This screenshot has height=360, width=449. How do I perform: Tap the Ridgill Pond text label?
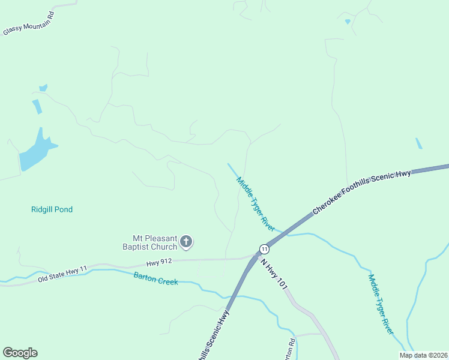pos(52,209)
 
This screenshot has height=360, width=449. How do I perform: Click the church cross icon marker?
pos(186,242)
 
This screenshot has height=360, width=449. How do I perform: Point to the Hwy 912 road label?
pos(159,263)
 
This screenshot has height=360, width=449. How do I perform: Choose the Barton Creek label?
pos(155,278)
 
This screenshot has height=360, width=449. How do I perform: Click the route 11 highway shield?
pos(264,248)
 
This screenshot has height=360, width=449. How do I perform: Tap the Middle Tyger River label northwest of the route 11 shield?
pos(255,204)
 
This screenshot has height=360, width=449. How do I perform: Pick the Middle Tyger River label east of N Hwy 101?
pos(381,304)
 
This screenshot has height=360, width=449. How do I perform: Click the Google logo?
pos(20,353)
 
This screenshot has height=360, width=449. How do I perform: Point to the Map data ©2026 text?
pos(423,355)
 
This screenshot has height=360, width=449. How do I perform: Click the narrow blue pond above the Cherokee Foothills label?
pos(418,143)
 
